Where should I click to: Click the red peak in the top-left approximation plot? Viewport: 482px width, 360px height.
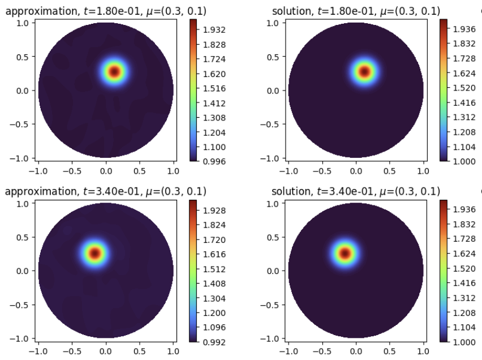(115, 72)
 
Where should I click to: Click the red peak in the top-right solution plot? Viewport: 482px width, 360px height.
(365, 72)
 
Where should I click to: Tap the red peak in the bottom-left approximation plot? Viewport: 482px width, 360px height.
(94, 253)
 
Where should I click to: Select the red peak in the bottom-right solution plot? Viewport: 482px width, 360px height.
(345, 253)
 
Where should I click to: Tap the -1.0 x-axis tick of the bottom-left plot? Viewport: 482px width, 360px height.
(38, 350)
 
